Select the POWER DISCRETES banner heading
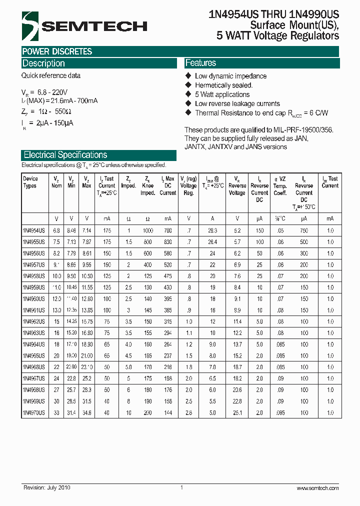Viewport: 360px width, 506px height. [x=57, y=51]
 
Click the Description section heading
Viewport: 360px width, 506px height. [x=44, y=63]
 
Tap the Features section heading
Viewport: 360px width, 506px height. [x=200, y=63]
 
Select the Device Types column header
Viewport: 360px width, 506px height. [x=30, y=182]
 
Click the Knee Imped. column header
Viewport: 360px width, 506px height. [x=147, y=185]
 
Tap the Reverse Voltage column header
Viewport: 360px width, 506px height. [x=237, y=185]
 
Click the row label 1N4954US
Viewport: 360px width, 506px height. [x=33, y=231]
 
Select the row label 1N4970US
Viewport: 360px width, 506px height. [x=33, y=412]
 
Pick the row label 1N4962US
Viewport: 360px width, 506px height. [x=33, y=321]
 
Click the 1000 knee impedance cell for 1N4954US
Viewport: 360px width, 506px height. [x=147, y=231]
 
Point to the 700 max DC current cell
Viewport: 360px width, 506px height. [x=167, y=231]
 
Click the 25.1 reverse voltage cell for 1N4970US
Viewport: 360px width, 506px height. [x=237, y=412]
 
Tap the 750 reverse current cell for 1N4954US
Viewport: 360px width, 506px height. [x=303, y=231]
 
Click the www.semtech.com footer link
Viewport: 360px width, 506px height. [x=317, y=488]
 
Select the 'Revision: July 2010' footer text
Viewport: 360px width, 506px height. [x=47, y=488]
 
